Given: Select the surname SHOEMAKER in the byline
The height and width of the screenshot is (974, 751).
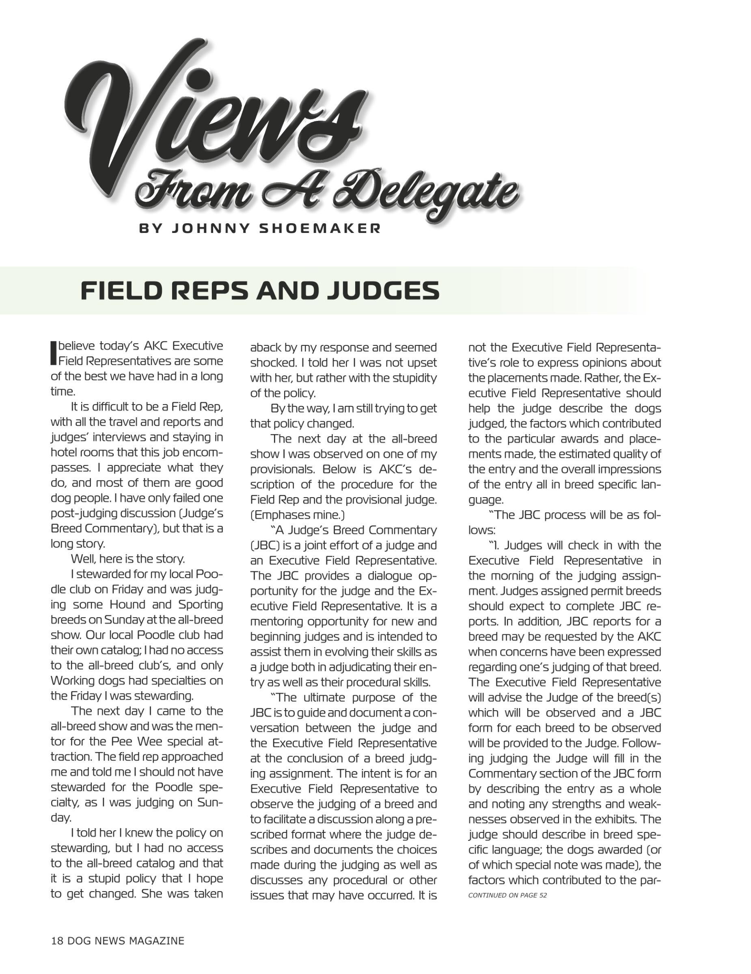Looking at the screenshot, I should (320, 228).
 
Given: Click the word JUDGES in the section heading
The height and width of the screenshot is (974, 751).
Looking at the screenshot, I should (383, 291).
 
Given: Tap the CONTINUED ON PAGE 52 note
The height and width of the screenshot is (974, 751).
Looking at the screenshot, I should (507, 895).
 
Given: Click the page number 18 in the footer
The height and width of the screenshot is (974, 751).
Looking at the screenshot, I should (57, 941).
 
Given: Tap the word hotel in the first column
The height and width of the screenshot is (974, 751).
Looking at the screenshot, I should (64, 452).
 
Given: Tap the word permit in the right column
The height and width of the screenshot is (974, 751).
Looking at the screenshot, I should (578, 591).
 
